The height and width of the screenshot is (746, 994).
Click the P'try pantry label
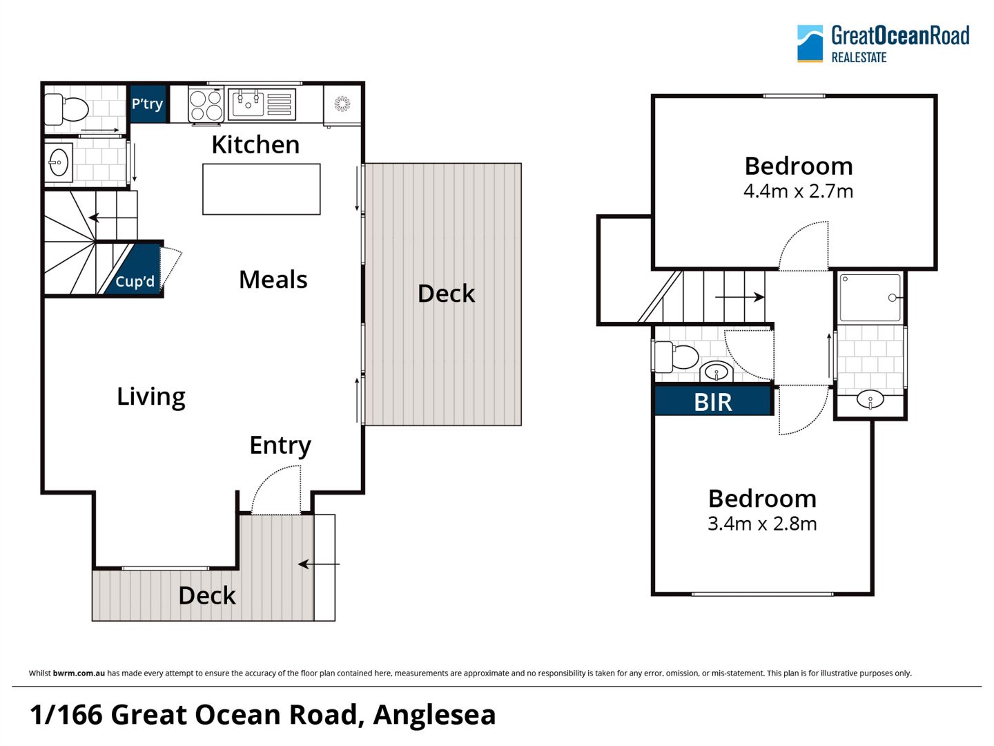point(147,104)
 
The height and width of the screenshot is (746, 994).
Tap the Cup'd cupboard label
point(135,281)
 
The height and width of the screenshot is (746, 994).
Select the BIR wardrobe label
point(713,402)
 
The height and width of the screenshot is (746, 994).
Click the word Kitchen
point(255,145)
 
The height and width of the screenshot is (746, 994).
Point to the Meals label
point(273,280)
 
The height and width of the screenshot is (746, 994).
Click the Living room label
point(151,397)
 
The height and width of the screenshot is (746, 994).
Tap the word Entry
point(280,446)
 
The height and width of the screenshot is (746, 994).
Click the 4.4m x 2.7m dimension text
point(799,191)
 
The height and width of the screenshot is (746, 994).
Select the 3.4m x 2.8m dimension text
point(762,524)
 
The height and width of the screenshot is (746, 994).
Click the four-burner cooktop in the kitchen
point(206,106)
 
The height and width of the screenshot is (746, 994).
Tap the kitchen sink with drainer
point(262,104)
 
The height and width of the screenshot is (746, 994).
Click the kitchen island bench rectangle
point(262,189)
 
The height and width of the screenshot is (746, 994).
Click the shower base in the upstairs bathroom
point(870,298)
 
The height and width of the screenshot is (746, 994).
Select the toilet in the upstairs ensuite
point(676,356)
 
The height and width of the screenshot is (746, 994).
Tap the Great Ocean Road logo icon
point(810,44)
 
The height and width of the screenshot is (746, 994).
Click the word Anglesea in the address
point(434,715)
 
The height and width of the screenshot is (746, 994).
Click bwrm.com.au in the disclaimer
point(79,673)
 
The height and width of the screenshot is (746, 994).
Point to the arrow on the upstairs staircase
point(739,298)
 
